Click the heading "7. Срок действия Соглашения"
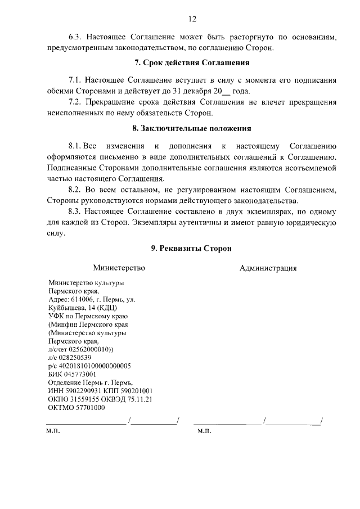(x=192, y=62)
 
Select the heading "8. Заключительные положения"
(x=191, y=128)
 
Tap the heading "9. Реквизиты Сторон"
(x=191, y=248)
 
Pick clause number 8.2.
(x=75, y=190)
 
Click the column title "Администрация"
(x=268, y=268)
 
